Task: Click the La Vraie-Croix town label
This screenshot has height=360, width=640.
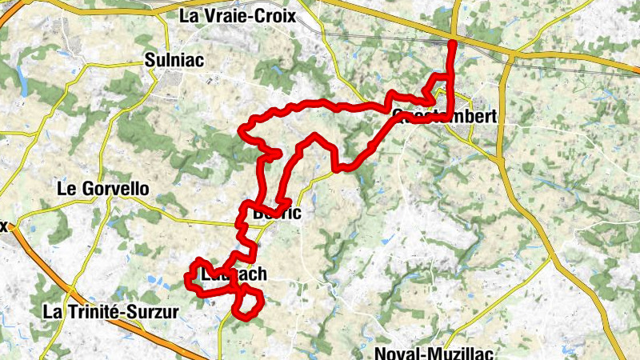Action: [238, 15]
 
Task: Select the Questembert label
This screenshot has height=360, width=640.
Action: [445, 117]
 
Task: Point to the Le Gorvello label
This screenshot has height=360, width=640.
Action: [104, 190]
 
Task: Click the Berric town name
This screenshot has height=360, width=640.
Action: [276, 214]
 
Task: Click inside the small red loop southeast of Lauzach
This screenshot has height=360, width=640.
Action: [249, 303]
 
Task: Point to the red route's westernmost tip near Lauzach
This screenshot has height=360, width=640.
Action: [186, 279]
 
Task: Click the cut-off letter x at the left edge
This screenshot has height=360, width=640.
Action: [3, 226]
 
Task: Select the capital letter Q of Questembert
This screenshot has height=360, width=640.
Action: [398, 117]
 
